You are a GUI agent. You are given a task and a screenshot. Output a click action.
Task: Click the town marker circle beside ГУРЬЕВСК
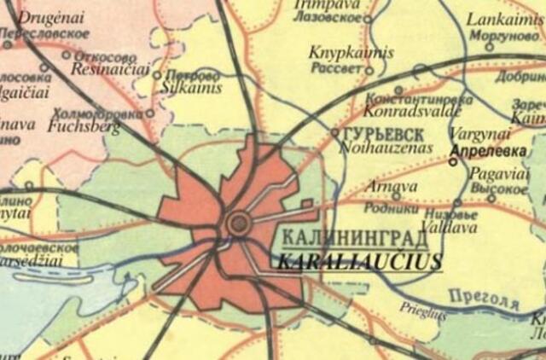tap(335, 133)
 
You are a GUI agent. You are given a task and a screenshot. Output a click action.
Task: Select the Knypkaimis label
tap(351, 53)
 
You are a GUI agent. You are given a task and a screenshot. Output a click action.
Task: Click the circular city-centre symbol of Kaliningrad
tap(239, 224)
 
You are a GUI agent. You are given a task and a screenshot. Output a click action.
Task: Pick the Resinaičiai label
tap(109, 68)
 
